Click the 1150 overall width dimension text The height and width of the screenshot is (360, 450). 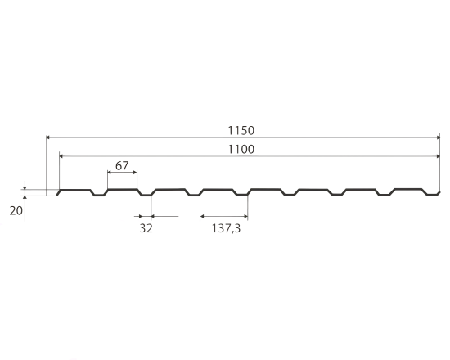pyautogui.click(x=242, y=129)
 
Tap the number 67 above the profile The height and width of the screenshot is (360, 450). pyautogui.click(x=122, y=166)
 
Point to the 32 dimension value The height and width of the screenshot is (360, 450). pyautogui.click(x=146, y=229)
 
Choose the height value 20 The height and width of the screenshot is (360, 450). pyautogui.click(x=16, y=210)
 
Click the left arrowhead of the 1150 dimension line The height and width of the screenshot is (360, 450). pyautogui.click(x=48, y=137)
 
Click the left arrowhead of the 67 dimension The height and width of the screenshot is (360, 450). pyautogui.click(x=110, y=173)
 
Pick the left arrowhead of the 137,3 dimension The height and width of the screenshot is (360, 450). pyautogui.click(x=203, y=217)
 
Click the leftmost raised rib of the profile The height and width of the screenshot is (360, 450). pyautogui.click(x=75, y=190)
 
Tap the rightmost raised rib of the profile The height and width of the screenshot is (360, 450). pyautogui.click(x=409, y=190)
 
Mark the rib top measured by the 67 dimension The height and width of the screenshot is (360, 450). pyautogui.click(x=122, y=190)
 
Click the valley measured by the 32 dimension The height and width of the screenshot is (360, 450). pyautogui.click(x=146, y=196)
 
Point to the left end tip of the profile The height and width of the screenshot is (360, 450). pyautogui.click(x=57, y=195)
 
